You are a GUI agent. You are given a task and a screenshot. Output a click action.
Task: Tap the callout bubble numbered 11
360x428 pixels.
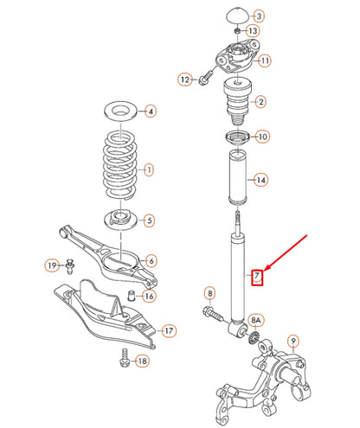pos(265,61)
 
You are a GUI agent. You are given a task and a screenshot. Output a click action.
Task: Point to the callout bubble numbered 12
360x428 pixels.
pos(184,80)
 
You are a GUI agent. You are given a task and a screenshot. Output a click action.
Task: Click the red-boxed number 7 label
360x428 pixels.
pos(255,278)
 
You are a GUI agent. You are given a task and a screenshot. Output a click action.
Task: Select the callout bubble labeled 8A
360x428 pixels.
pos(256,321)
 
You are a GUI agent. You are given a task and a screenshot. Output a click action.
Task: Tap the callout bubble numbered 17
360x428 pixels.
pos(169,330)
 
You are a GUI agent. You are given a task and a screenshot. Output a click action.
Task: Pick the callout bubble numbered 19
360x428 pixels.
pos(52,265)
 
